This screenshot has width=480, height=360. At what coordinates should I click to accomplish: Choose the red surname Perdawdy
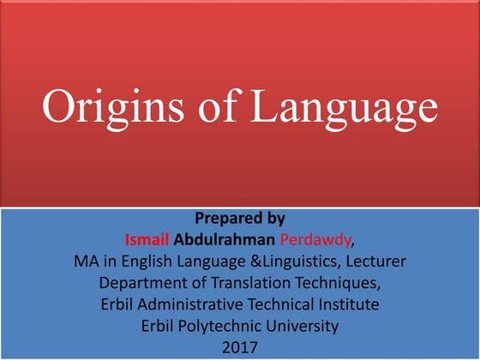(x=314, y=239)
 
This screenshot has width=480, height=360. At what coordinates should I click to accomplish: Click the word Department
(x=142, y=282)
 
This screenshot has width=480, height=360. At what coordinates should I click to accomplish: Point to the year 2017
(x=239, y=347)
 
